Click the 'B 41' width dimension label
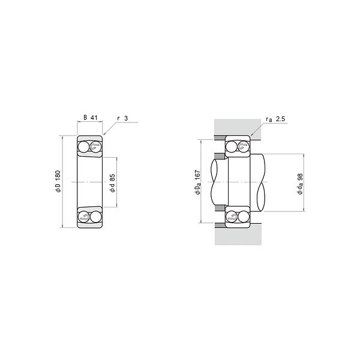90,118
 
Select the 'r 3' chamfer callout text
122,118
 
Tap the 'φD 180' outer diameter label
58,181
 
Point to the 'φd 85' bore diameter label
112,183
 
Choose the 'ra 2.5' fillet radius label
275,119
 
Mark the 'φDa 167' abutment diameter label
197,182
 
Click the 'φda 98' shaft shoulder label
300,184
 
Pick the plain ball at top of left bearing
83,147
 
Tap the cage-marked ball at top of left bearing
95,147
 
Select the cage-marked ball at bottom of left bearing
83,217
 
